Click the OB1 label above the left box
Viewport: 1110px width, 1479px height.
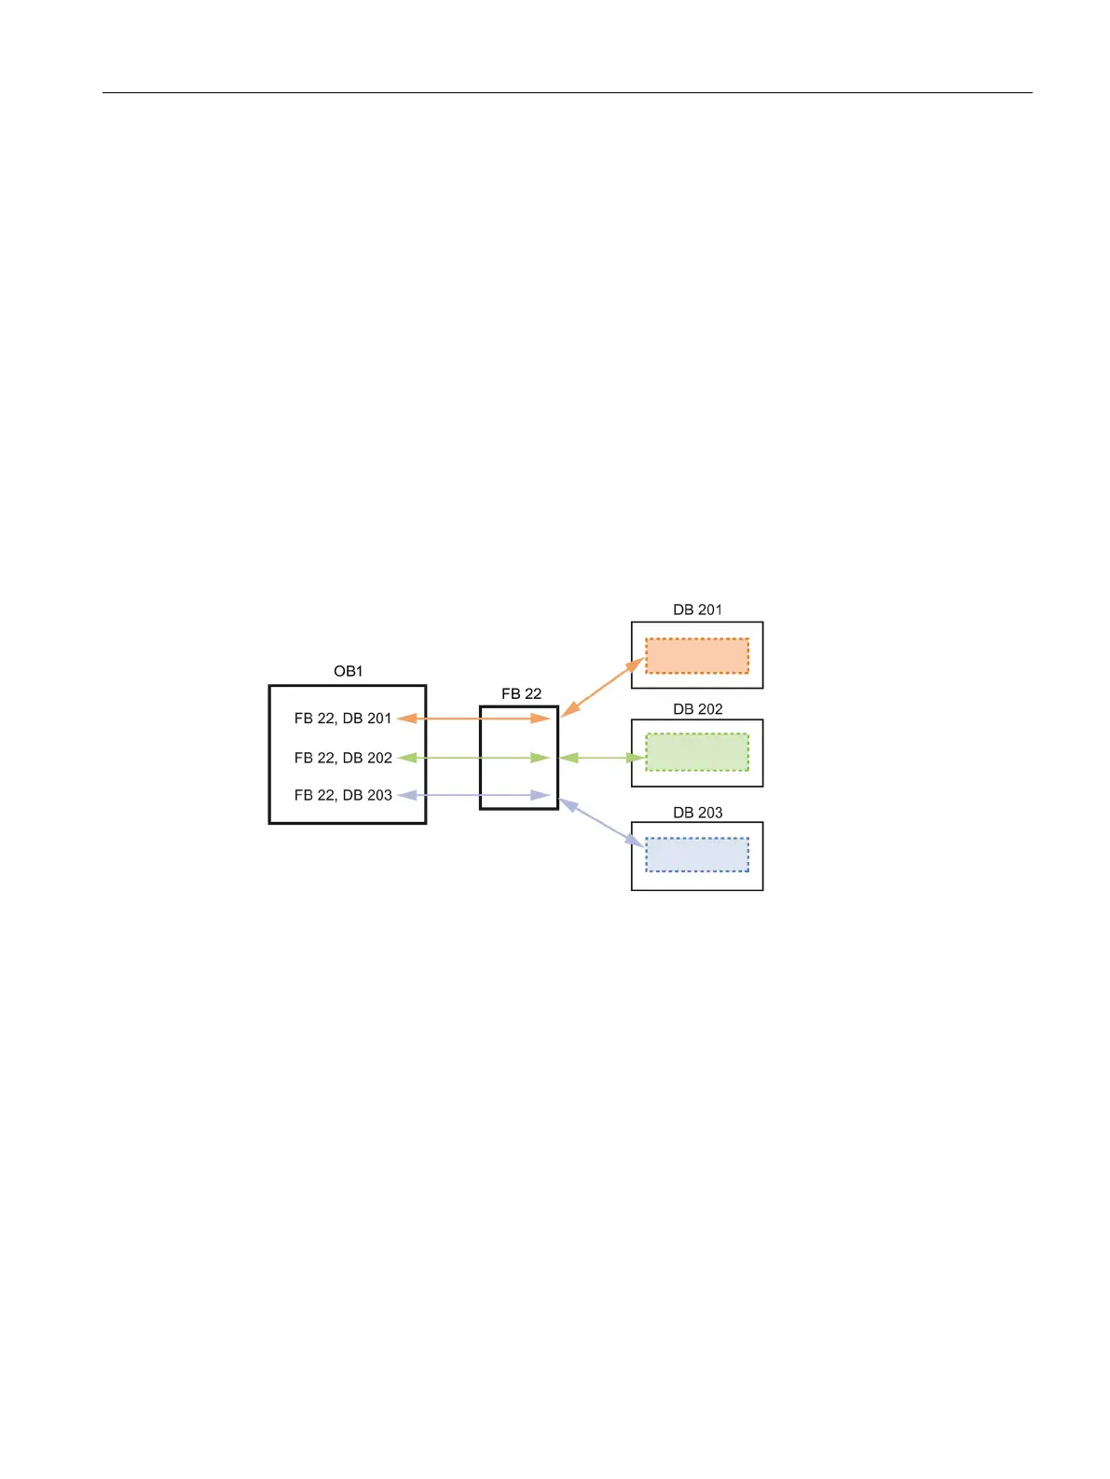[348, 671]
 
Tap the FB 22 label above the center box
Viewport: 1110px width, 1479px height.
[521, 693]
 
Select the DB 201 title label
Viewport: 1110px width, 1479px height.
[697, 609]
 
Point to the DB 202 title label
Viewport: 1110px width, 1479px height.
[697, 709]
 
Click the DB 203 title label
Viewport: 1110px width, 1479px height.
[697, 813]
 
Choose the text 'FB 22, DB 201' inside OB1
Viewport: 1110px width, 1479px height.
[343, 719]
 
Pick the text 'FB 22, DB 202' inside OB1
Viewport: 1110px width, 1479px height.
[343, 758]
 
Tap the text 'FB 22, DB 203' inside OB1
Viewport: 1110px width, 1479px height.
[343, 795]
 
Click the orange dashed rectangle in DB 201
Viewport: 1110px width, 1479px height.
[697, 655]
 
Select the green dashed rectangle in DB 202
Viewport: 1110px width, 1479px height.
[697, 752]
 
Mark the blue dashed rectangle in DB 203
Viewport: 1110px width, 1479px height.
[697, 855]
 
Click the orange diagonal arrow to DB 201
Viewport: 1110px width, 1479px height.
[603, 687]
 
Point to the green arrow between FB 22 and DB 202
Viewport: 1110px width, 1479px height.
[602, 758]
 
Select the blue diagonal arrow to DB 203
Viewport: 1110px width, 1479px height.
[602, 823]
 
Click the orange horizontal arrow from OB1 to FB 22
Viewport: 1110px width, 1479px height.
[473, 719]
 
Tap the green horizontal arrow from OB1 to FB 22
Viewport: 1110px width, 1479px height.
[473, 758]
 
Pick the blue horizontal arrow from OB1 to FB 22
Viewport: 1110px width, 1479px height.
[473, 795]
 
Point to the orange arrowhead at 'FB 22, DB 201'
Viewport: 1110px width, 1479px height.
[405, 719]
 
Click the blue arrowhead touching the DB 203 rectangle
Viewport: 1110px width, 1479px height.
[637, 842]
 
